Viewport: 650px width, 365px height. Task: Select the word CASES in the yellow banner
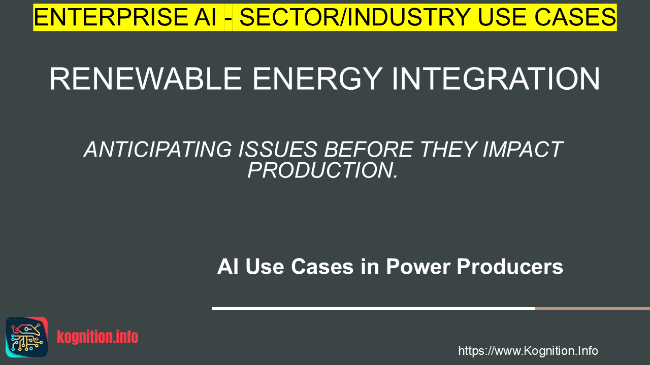tap(575, 17)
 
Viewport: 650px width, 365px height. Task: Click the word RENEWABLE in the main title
tap(145, 79)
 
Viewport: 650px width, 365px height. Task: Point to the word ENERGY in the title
tap(317, 79)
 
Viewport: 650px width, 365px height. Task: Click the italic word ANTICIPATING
tap(158, 150)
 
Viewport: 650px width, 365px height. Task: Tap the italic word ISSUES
tap(278, 150)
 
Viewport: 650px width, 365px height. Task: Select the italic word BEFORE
tap(369, 150)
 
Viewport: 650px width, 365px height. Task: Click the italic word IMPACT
tap(523, 150)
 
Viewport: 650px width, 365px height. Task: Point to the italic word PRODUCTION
tap(322, 170)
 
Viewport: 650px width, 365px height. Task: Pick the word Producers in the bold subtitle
tap(510, 267)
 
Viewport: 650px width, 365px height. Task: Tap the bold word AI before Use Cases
tap(228, 267)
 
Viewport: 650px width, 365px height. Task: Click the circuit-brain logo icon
tap(27, 337)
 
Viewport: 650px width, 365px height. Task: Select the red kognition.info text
tap(97, 337)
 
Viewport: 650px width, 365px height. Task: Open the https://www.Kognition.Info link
tap(528, 351)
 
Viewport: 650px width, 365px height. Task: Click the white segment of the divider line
tap(373, 309)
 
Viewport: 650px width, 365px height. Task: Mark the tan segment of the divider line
tap(592, 309)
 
